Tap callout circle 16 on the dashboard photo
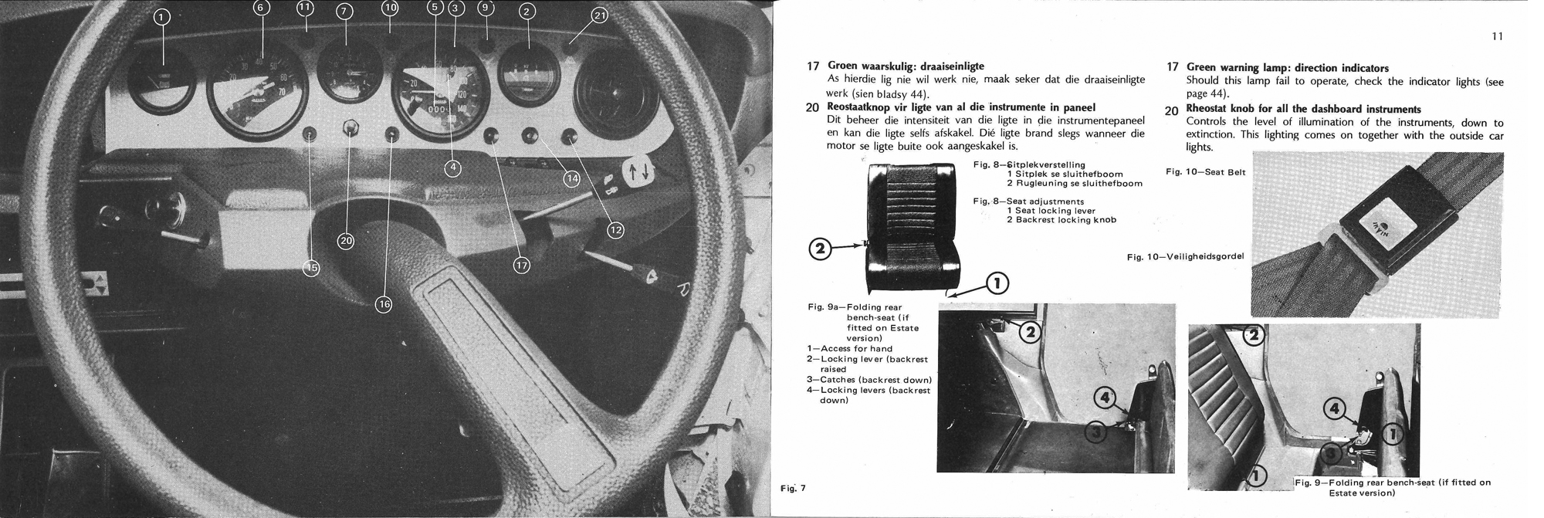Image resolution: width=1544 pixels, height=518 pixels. coord(383,304)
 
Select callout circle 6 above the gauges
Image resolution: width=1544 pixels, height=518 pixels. coord(260,8)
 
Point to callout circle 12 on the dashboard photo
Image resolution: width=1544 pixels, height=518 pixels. coord(615,230)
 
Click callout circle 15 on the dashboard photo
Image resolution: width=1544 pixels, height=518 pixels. coord(311,268)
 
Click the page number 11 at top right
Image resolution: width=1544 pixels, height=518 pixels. coord(1497,36)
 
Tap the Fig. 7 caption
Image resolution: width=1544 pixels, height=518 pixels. coord(792,488)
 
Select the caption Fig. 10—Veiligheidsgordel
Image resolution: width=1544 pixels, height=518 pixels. coord(1188,256)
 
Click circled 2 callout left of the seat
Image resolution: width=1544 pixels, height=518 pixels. coord(820,249)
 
